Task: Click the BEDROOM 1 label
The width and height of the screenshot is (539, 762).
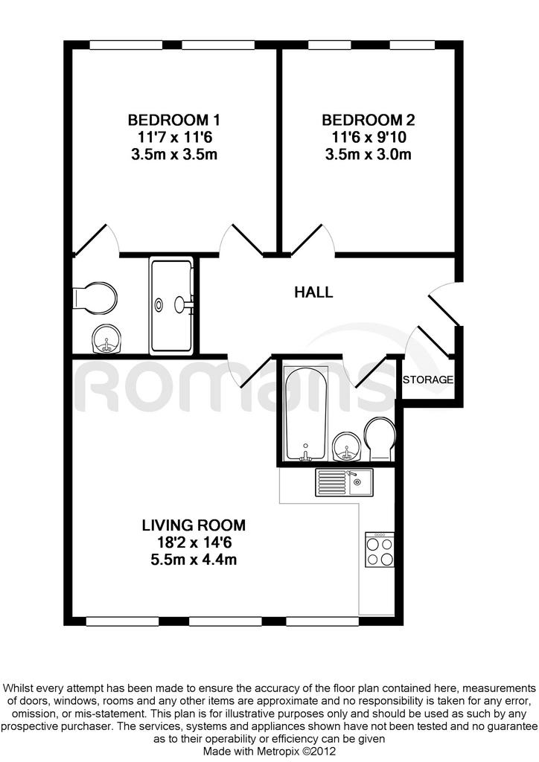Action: pos(173,120)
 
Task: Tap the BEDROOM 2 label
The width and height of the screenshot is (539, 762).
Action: pos(368,120)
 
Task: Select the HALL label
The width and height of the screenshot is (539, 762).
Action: pos(313,292)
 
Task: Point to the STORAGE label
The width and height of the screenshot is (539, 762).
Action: pos(427,380)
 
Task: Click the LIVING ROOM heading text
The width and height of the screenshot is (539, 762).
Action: pos(194,525)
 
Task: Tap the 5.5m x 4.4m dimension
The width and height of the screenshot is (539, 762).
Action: pos(194,560)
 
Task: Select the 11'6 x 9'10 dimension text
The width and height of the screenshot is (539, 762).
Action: pos(369,137)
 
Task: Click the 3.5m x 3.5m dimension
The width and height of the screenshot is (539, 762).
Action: pos(173,155)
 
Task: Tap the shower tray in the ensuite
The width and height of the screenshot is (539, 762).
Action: pos(171,305)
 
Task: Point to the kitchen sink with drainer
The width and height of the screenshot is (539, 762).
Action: pos(344,482)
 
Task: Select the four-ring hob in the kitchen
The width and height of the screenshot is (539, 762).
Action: pos(380,549)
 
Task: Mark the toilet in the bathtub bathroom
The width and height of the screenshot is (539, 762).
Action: pos(380,440)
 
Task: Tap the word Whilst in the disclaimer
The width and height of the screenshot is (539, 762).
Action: pos(18,688)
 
